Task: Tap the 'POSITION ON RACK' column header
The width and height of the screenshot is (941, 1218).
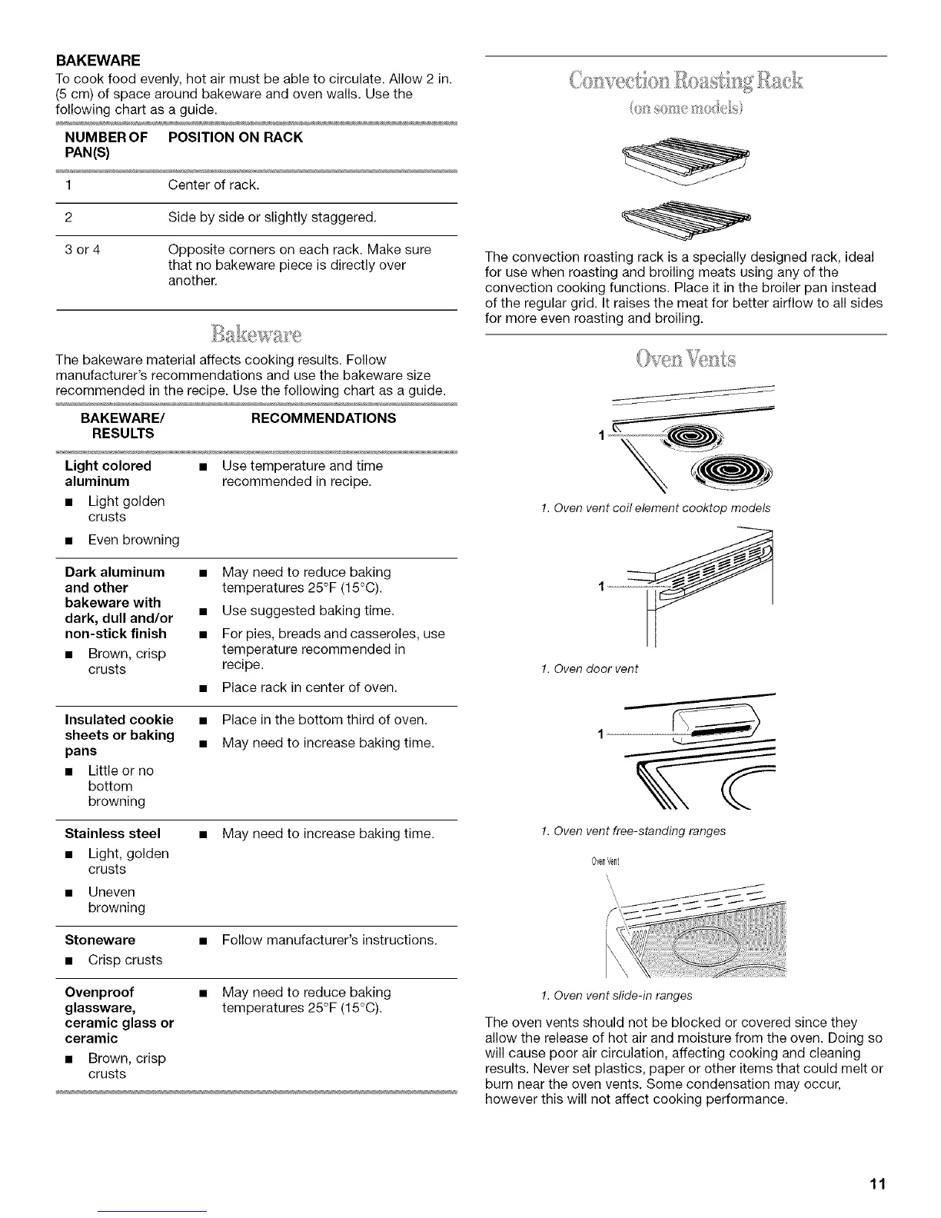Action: point(235,137)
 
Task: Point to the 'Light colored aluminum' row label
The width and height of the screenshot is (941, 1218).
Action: point(108,473)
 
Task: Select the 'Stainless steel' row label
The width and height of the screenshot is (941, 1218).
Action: point(113,833)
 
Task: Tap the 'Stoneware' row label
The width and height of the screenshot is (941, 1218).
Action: point(100,940)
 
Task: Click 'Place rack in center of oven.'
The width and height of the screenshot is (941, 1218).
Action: point(309,687)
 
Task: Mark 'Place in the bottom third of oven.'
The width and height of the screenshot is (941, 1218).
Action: point(324,720)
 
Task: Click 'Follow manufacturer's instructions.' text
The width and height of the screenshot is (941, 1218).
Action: point(329,940)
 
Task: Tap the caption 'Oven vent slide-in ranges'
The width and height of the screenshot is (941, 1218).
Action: point(617,995)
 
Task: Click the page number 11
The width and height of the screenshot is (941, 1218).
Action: point(878,1183)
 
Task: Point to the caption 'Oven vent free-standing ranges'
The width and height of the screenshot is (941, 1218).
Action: point(633,830)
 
